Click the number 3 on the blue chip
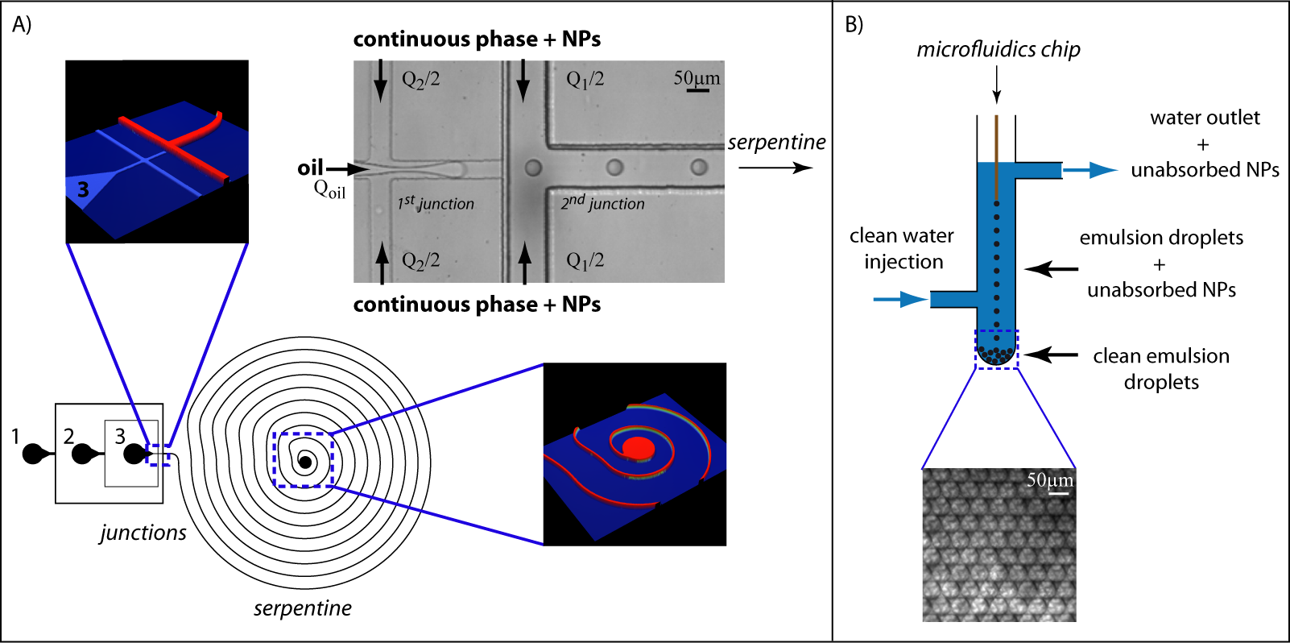click(x=83, y=190)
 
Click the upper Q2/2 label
click(x=420, y=80)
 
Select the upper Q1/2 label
click(x=585, y=80)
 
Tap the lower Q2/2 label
click(x=420, y=261)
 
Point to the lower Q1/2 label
click(x=585, y=261)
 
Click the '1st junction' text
click(x=436, y=203)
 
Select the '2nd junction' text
click(x=602, y=203)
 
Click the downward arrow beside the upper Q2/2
click(x=381, y=82)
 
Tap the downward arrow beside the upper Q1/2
click(x=523, y=82)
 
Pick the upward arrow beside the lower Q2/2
click(x=382, y=264)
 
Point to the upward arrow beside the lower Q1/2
click(x=525, y=264)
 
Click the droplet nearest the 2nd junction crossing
click(x=533, y=168)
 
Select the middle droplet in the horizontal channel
click(x=615, y=168)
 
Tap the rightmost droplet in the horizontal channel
click(x=699, y=168)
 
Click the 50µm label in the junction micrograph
click(x=697, y=78)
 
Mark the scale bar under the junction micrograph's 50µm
click(x=697, y=91)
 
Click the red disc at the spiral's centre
click(x=639, y=447)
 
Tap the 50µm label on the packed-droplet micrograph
click(x=1049, y=480)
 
